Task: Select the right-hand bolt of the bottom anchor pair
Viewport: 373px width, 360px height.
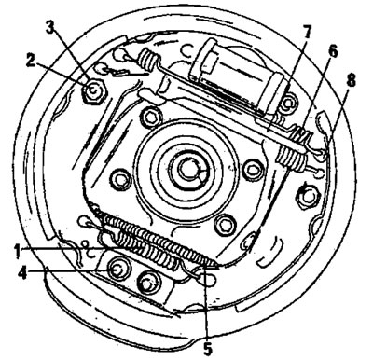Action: coord(147,281)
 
